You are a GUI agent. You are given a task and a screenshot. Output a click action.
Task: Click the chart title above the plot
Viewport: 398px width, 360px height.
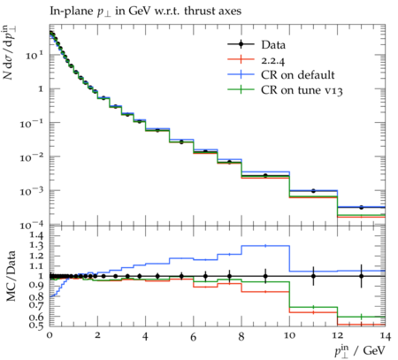pos(145,11)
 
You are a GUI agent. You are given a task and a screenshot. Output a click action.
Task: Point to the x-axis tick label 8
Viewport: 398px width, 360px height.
pos(241,336)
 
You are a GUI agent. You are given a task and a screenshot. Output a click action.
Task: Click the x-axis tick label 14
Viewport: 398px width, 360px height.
pos(385,336)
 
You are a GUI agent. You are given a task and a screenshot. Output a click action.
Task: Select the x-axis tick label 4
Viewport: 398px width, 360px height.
pos(145,336)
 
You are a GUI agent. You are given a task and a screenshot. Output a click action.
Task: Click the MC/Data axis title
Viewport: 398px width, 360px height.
pos(11,276)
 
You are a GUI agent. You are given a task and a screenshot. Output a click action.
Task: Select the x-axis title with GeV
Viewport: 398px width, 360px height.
pos(360,350)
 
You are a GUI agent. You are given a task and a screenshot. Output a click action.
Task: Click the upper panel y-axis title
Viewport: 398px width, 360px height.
pos(10,52)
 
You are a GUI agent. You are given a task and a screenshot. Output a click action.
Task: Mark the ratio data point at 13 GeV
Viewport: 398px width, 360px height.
pos(361,276)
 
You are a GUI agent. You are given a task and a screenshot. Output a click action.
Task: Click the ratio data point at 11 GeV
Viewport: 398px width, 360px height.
pos(313,276)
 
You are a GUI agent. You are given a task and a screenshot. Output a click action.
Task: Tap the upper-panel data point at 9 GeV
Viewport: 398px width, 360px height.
pos(265,176)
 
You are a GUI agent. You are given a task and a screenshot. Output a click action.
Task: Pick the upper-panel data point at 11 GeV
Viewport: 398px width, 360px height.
pos(313,191)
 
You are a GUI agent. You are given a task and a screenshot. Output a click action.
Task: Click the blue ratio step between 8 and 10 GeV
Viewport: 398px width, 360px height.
pos(265,246)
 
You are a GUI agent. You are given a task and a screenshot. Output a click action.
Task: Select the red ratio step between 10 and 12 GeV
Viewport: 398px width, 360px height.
pos(313,312)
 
